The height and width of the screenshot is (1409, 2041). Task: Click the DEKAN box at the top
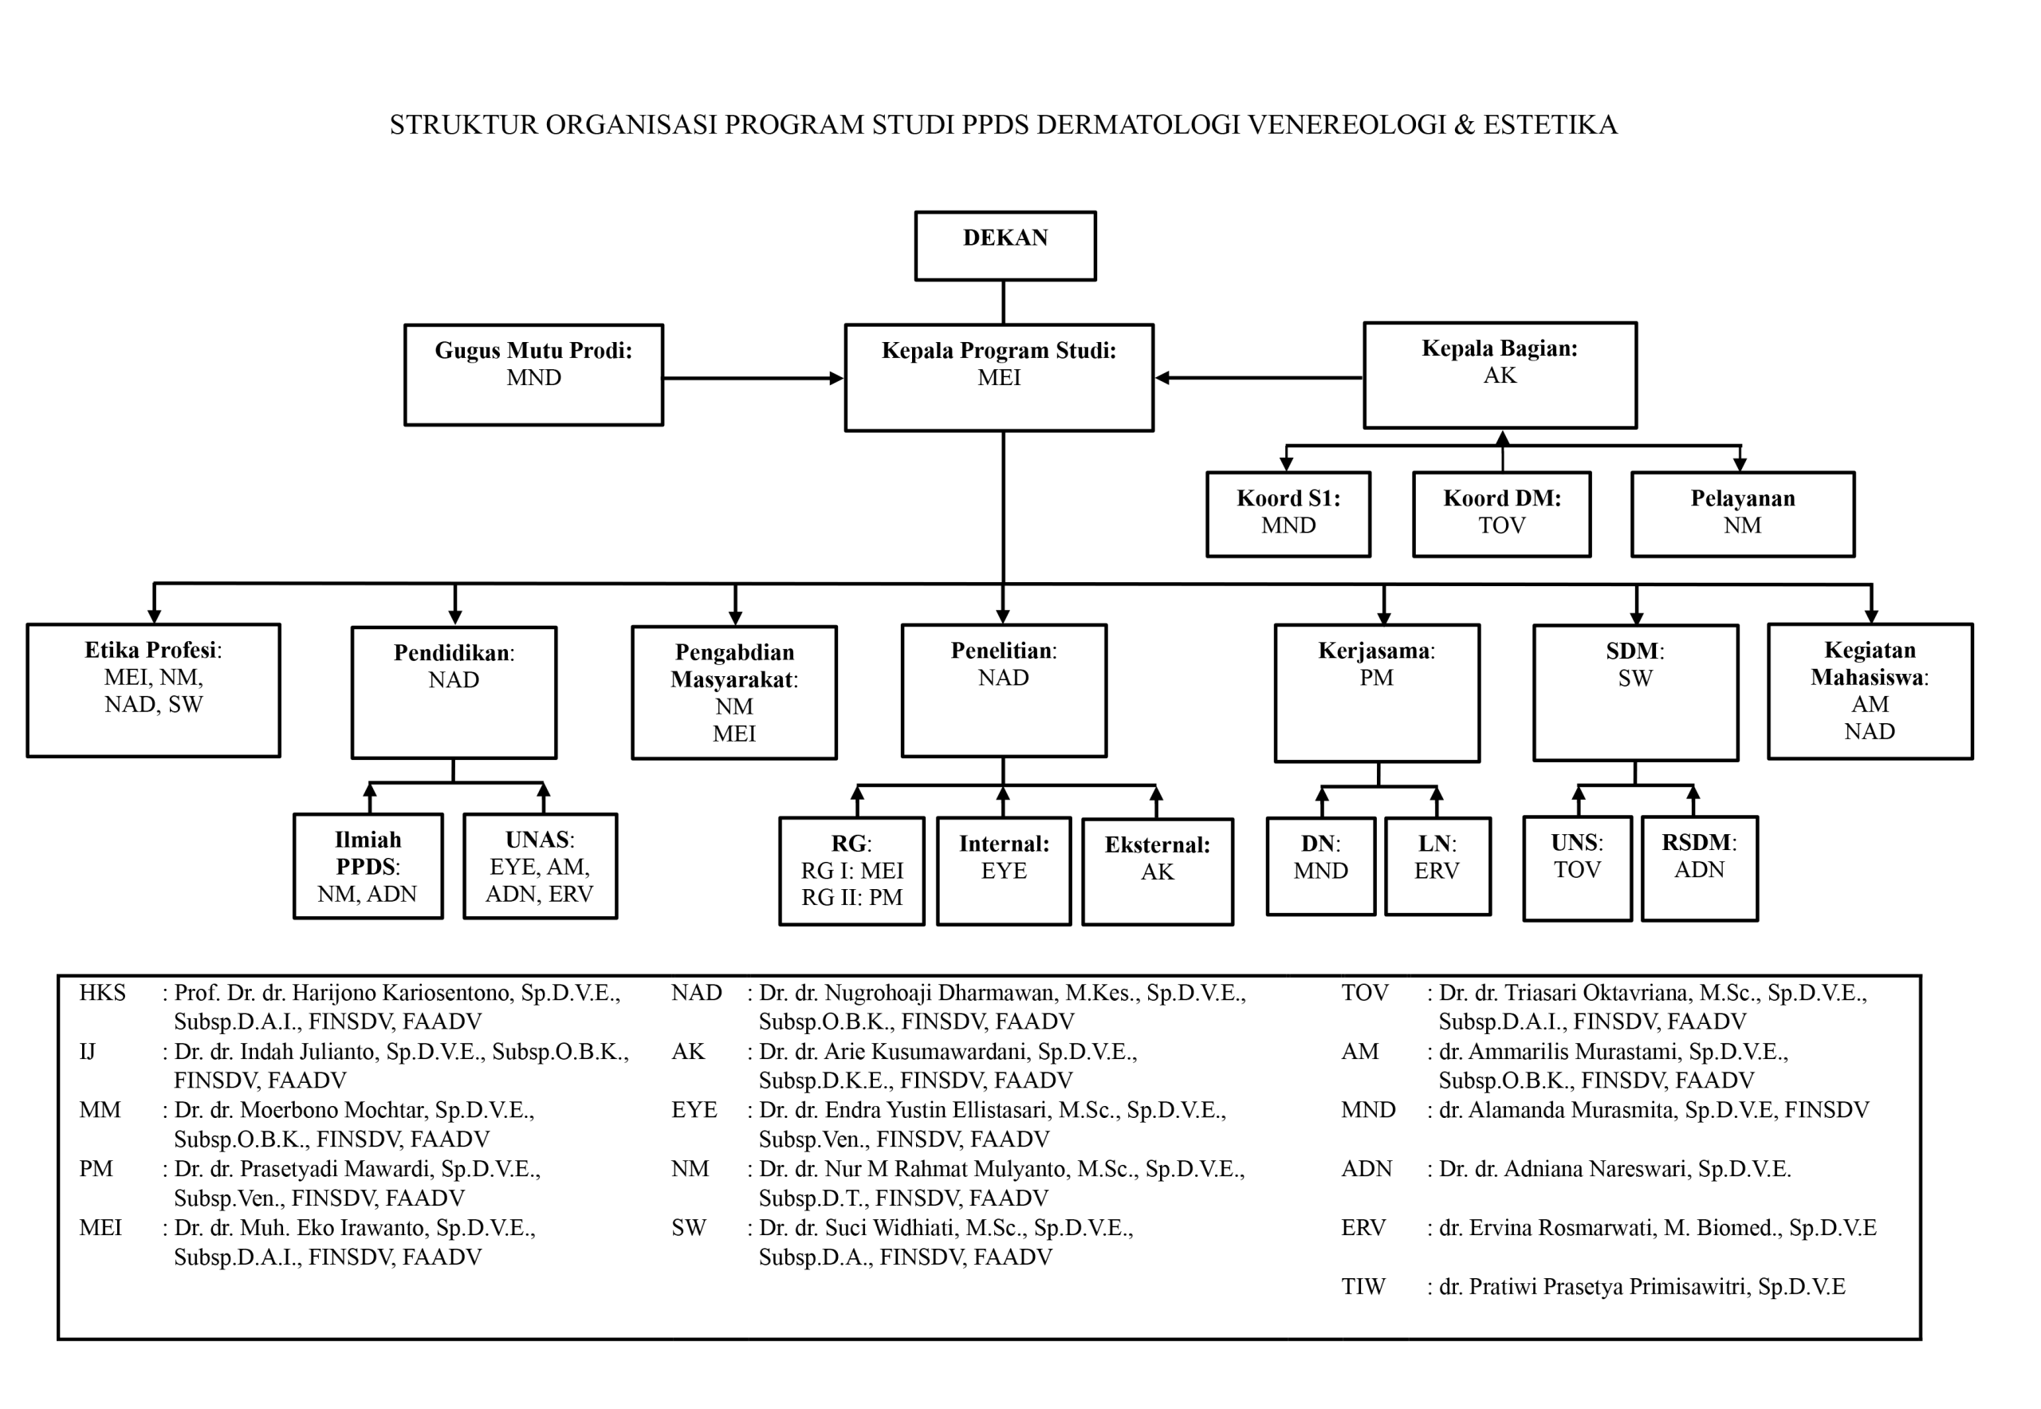1005,246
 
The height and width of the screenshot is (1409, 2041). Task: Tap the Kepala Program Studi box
998,377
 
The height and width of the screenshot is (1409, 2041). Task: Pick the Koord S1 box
1288,514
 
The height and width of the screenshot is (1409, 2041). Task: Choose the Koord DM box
1500,514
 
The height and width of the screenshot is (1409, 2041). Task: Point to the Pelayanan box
1742,514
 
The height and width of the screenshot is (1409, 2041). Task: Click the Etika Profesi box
154,690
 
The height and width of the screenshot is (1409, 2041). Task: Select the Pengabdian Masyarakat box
733,692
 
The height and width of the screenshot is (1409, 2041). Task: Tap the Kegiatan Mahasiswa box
1869,691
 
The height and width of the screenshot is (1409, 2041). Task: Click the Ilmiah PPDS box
368,865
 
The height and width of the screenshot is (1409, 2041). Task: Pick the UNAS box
540,865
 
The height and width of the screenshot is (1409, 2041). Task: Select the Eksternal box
1157,871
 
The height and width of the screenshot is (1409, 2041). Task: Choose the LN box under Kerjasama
1437,865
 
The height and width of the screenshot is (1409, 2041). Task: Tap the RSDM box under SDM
1698,867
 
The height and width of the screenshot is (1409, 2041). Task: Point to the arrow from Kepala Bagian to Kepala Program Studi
1258,377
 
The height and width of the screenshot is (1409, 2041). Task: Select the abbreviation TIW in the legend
1363,1286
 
